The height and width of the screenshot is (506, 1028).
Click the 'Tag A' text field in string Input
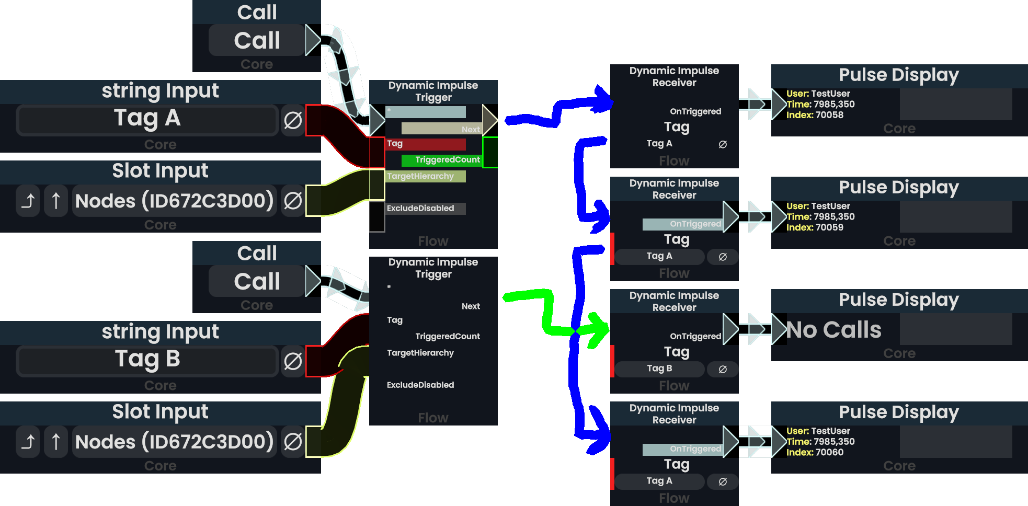point(147,119)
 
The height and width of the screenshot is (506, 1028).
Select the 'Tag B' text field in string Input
point(147,360)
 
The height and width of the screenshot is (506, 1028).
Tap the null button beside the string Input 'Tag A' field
point(293,120)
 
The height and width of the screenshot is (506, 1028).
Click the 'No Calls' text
point(834,330)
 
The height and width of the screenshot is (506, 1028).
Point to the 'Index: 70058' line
point(815,115)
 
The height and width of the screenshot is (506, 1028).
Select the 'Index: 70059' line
point(815,227)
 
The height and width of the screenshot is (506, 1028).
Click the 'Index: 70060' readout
point(815,452)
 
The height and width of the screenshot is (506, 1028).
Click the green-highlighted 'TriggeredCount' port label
point(447,160)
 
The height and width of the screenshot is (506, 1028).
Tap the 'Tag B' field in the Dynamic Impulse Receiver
point(659,369)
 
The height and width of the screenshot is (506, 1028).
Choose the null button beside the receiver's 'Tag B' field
point(723,369)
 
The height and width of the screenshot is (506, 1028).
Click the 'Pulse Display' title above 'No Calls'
point(899,300)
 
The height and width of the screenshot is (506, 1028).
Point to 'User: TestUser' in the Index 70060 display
point(818,431)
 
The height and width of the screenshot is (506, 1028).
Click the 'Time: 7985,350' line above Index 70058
point(820,104)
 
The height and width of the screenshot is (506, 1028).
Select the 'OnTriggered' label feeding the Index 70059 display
point(695,224)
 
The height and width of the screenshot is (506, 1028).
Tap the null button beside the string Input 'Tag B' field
point(293,361)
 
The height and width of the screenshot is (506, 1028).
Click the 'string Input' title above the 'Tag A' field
point(160,91)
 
